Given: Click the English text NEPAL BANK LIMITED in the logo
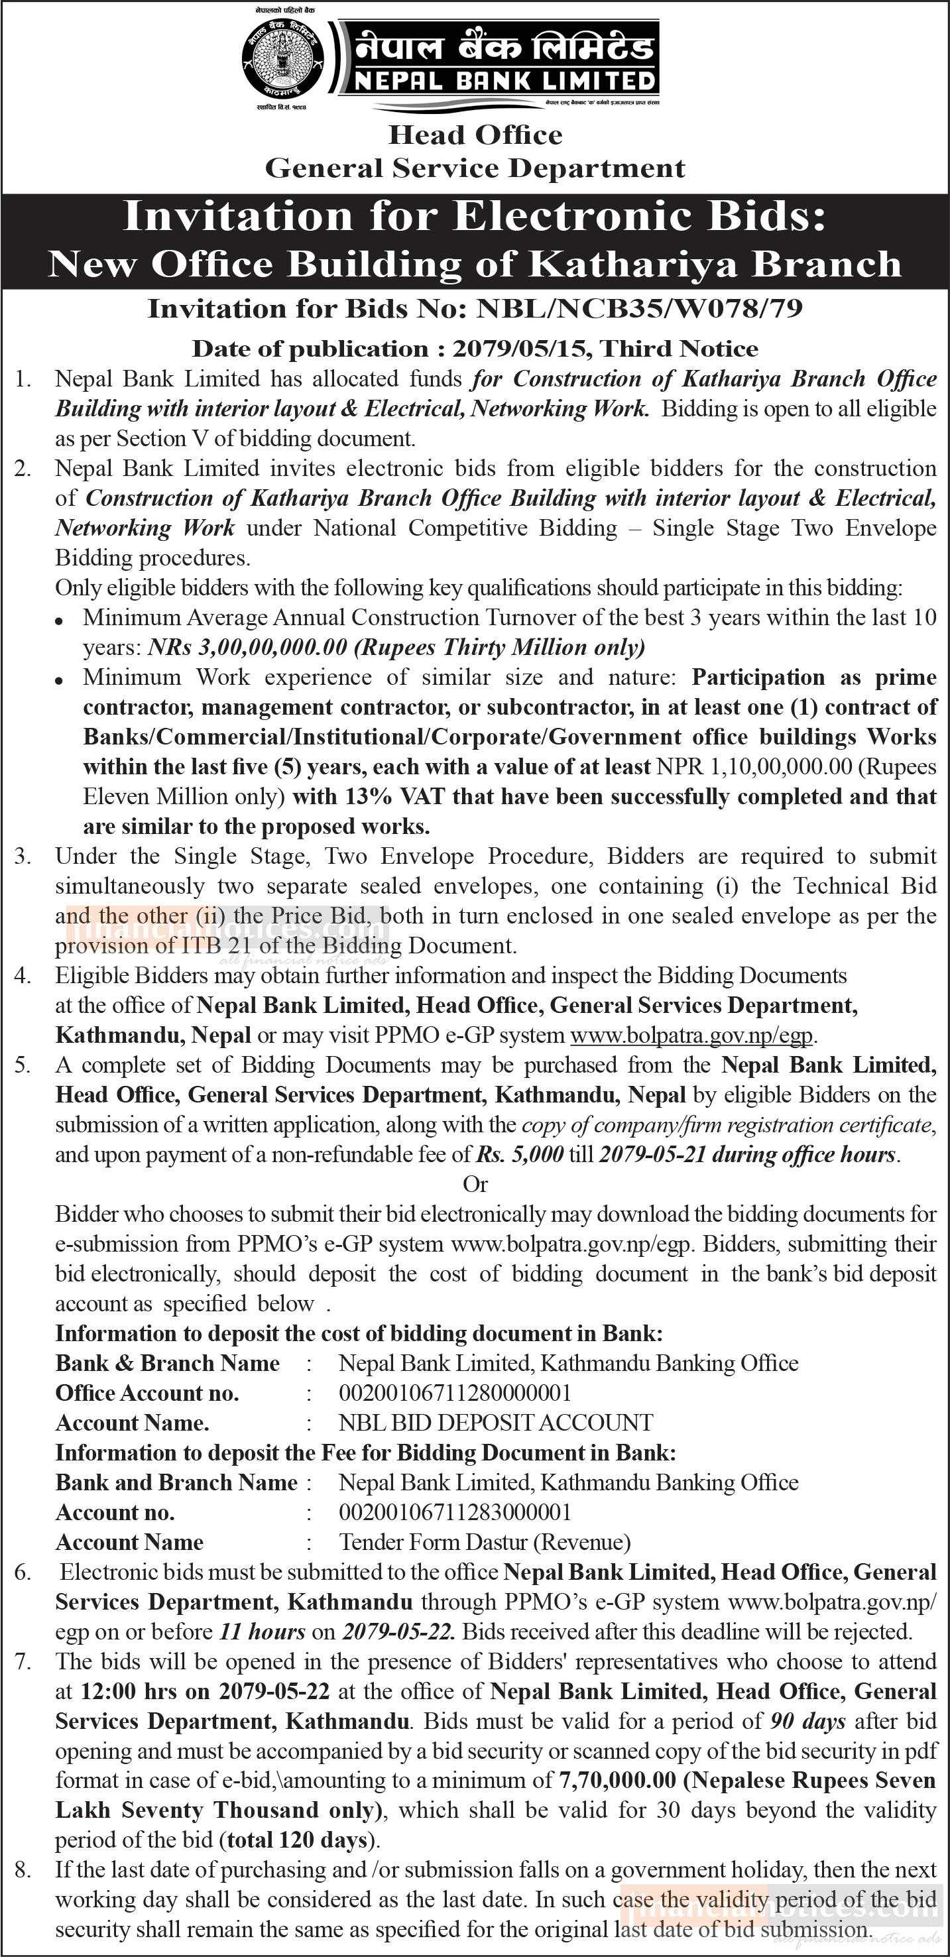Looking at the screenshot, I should click(x=505, y=80).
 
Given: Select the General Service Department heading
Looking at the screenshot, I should click(x=475, y=168).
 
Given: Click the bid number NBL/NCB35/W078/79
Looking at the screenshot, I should click(x=639, y=309).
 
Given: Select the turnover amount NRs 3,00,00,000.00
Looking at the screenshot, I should click(x=248, y=647).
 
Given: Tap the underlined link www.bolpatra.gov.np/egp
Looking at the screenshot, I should click(x=691, y=1035).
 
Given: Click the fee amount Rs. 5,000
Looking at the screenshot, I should click(x=520, y=1155).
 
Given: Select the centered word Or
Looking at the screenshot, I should click(x=475, y=1185).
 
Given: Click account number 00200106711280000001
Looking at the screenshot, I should click(x=455, y=1393).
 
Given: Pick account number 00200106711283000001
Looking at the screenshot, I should click(x=455, y=1512).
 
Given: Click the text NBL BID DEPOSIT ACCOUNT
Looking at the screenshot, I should click(x=495, y=1422).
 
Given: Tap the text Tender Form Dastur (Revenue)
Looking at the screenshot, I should click(x=485, y=1541).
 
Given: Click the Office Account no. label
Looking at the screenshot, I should click(x=147, y=1393).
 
